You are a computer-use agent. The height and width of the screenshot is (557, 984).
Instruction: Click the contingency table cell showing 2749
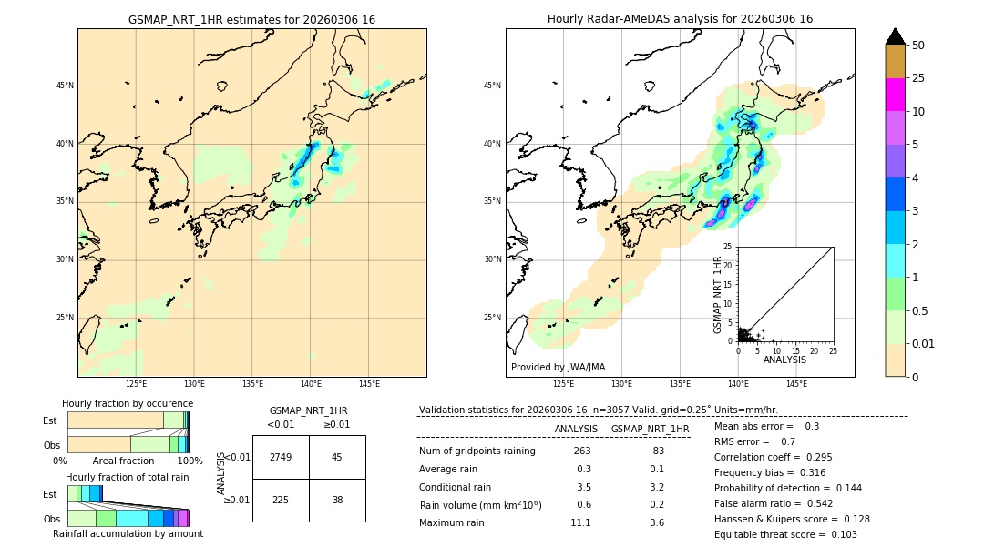pyautogui.click(x=281, y=457)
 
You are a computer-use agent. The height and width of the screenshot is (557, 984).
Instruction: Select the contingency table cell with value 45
pyautogui.click(x=337, y=457)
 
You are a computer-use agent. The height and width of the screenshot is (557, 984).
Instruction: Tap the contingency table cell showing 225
pyautogui.click(x=281, y=500)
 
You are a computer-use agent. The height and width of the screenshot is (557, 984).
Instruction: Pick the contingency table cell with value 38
pyautogui.click(x=337, y=500)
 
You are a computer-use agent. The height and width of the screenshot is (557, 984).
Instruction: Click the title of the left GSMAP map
pyautogui.click(x=251, y=19)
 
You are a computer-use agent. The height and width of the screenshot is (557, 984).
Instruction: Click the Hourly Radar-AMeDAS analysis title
pyautogui.click(x=680, y=19)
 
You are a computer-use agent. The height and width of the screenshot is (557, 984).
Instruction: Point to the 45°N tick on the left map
pyautogui.click(x=65, y=86)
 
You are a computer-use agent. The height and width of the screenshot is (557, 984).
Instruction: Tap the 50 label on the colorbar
pyautogui.click(x=918, y=46)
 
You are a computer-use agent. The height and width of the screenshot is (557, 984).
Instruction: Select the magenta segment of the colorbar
pyautogui.click(x=895, y=95)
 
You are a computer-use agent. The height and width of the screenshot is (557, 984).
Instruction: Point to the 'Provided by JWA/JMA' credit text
pyautogui.click(x=558, y=367)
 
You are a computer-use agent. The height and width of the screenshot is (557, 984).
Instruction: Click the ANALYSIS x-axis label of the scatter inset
pyautogui.click(x=784, y=360)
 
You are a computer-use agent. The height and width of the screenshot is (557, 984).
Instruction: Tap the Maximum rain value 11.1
pyautogui.click(x=580, y=522)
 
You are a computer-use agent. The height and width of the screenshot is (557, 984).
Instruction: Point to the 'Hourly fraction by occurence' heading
pyautogui.click(x=128, y=403)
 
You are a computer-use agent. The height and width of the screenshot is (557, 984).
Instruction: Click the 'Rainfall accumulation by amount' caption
pyautogui.click(x=128, y=533)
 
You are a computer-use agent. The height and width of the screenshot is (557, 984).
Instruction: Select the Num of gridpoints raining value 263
pyautogui.click(x=582, y=451)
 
